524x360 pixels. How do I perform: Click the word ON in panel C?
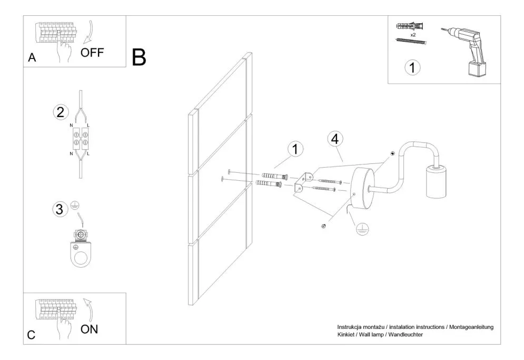pyautogui.click(x=90, y=329)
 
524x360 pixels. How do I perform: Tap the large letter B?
pyautogui.click(x=139, y=57)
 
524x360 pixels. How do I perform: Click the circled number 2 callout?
pyautogui.click(x=61, y=112)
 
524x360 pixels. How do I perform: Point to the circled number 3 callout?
pyautogui.click(x=60, y=209)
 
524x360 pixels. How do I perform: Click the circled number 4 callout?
pyautogui.click(x=335, y=139)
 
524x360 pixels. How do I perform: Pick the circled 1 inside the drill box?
pyautogui.click(x=412, y=67)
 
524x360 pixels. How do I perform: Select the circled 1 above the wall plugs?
pyautogui.click(x=295, y=149)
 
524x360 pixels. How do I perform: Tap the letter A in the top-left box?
pyautogui.click(x=32, y=59)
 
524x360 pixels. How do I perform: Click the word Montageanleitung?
pyautogui.click(x=472, y=327)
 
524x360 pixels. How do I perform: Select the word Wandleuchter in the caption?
pyautogui.click(x=406, y=335)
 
